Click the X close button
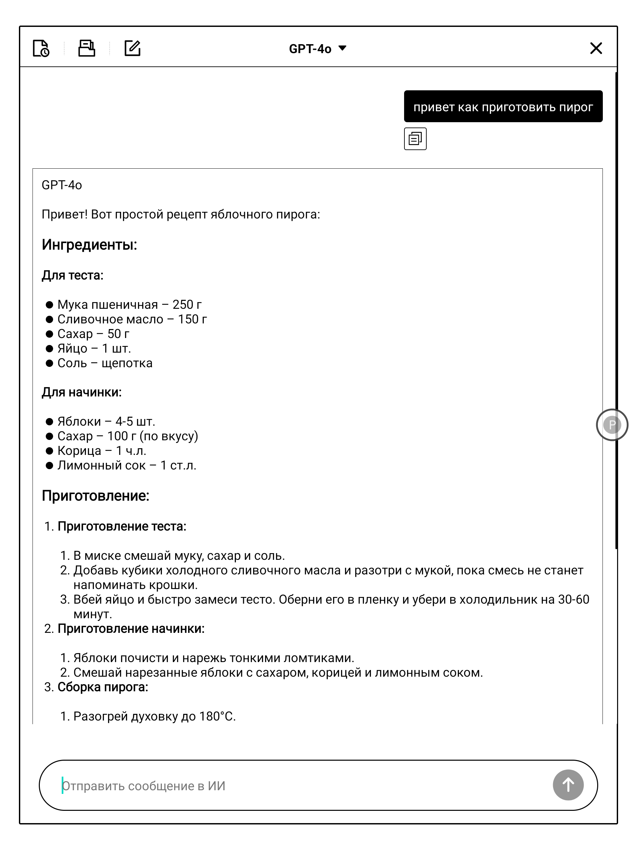point(596,48)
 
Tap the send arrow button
point(568,785)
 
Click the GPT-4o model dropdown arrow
point(342,48)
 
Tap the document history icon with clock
point(41,48)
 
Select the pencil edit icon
point(132,48)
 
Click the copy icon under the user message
point(415,139)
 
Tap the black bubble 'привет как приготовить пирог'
point(503,107)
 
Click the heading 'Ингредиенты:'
point(90,245)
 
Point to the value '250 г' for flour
point(187,305)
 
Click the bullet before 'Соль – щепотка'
point(49,363)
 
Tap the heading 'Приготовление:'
point(96,496)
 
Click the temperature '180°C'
point(217,717)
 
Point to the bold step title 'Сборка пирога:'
point(103,687)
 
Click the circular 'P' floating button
point(612,425)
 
